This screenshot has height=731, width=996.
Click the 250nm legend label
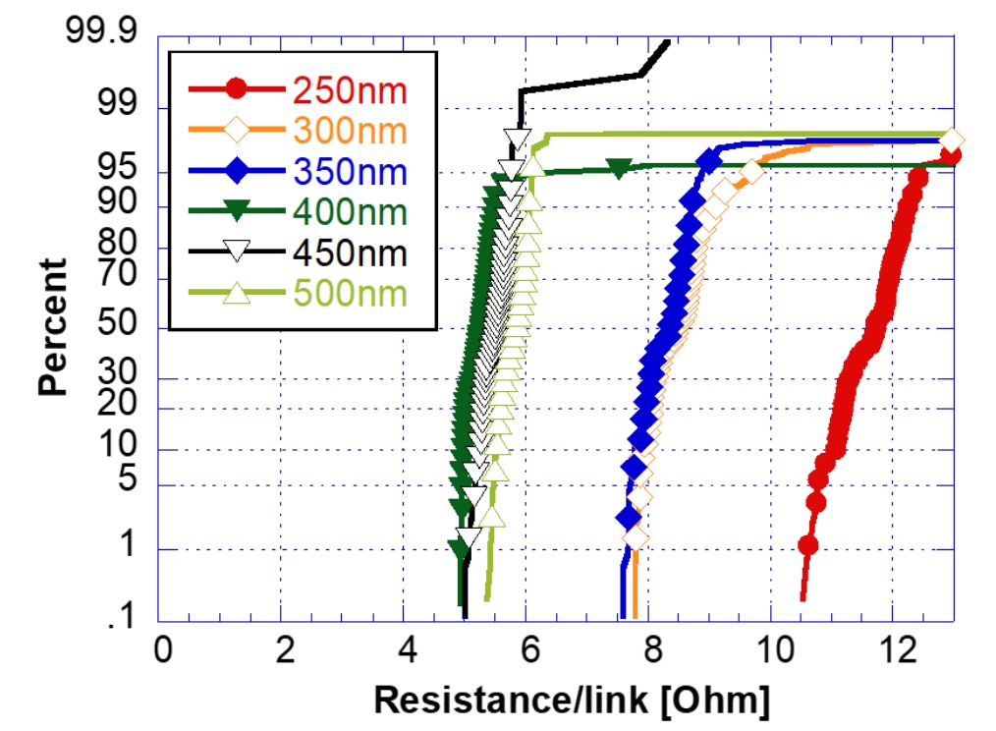(x=350, y=90)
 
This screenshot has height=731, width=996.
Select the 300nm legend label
(x=350, y=131)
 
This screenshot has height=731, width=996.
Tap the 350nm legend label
(x=350, y=172)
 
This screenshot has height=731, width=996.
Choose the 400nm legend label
(x=350, y=212)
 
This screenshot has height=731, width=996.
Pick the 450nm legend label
(x=350, y=253)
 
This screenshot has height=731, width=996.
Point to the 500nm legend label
(x=350, y=294)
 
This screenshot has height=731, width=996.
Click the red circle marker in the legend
(x=237, y=89)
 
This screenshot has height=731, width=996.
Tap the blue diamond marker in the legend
(x=237, y=170)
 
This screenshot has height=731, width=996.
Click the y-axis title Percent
(x=52, y=327)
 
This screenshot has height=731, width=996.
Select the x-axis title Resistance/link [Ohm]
(x=572, y=701)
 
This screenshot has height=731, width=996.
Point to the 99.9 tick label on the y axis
(x=101, y=30)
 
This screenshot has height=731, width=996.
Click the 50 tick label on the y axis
(x=117, y=323)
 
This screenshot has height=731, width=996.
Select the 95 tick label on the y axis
(x=117, y=167)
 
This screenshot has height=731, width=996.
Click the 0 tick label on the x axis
(x=163, y=650)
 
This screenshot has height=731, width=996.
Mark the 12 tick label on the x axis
(x=898, y=650)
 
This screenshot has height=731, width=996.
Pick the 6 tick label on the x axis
(x=530, y=650)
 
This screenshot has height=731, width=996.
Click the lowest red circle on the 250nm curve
(x=808, y=545)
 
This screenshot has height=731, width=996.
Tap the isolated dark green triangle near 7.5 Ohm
(x=618, y=168)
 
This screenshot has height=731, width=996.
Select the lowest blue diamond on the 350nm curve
(x=629, y=518)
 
